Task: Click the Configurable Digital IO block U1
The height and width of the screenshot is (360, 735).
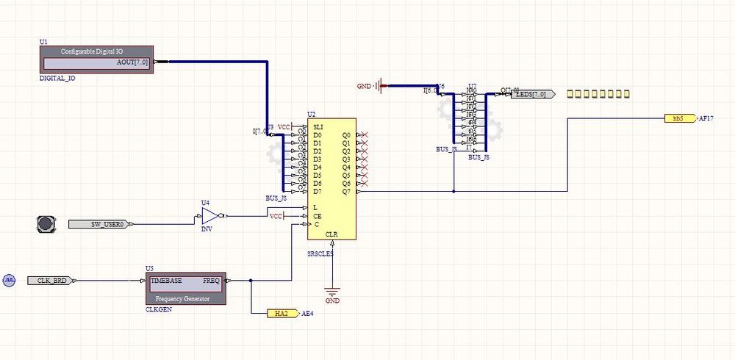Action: click(96, 60)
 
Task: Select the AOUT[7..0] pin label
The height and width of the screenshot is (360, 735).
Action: click(133, 62)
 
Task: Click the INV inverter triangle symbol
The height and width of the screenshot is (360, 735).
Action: click(210, 216)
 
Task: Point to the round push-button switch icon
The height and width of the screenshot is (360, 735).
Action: click(46, 223)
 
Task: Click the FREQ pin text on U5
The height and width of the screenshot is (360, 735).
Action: click(212, 281)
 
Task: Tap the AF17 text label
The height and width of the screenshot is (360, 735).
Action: click(706, 118)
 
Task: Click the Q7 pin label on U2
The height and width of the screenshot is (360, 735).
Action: click(346, 192)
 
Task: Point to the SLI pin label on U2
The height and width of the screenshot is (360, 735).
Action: click(318, 127)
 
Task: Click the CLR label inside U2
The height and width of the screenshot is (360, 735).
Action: click(331, 234)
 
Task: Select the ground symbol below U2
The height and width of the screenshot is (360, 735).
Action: click(332, 292)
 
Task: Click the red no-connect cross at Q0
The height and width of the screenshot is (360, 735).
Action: click(363, 135)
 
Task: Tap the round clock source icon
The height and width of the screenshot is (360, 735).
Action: click(9, 281)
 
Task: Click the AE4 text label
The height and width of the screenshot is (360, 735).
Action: click(308, 314)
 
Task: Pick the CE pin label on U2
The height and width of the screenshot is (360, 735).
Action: click(317, 216)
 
